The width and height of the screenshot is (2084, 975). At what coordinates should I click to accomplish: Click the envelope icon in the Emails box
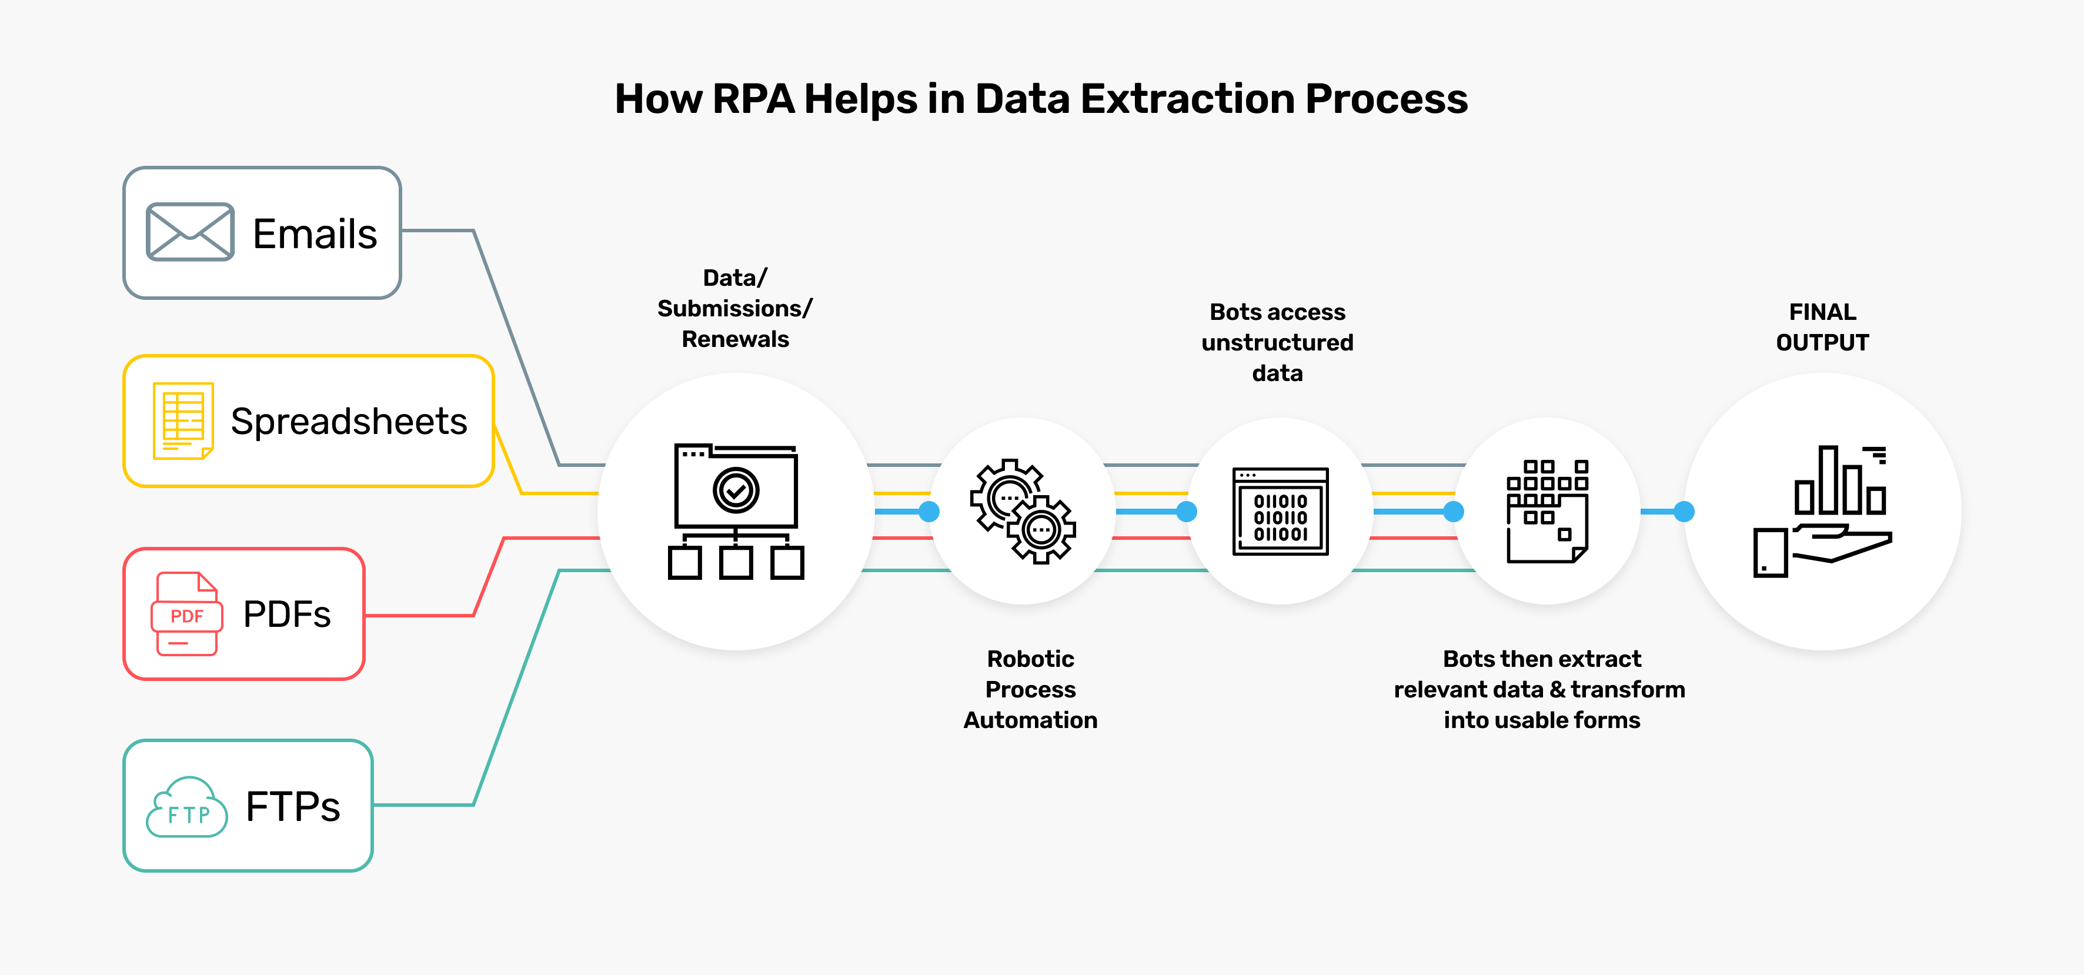pos(190,232)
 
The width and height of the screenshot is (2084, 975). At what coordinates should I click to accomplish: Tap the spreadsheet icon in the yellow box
pos(183,420)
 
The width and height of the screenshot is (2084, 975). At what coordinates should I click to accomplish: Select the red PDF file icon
pos(186,613)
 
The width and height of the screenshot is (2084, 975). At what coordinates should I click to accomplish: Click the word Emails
pos(315,234)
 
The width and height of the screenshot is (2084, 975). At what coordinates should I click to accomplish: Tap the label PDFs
pos(286,614)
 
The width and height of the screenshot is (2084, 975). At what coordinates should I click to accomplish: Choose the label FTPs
pos(293,807)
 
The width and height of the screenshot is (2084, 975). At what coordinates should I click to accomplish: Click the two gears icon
pos(1023,512)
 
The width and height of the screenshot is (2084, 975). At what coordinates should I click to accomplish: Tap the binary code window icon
pos(1280,512)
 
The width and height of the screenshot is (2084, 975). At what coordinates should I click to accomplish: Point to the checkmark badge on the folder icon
pos(736,489)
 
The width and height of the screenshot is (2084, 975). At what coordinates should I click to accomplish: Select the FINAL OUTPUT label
pos(1822,327)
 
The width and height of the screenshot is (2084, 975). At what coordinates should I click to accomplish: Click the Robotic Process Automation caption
pos(1030,689)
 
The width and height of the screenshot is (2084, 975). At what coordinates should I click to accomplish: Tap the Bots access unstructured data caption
pos(1277,342)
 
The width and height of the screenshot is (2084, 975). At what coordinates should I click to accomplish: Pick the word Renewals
pos(734,339)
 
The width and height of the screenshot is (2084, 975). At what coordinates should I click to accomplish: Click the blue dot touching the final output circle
pos(1684,512)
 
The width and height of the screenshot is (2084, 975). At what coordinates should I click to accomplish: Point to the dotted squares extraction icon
pos(1547,512)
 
